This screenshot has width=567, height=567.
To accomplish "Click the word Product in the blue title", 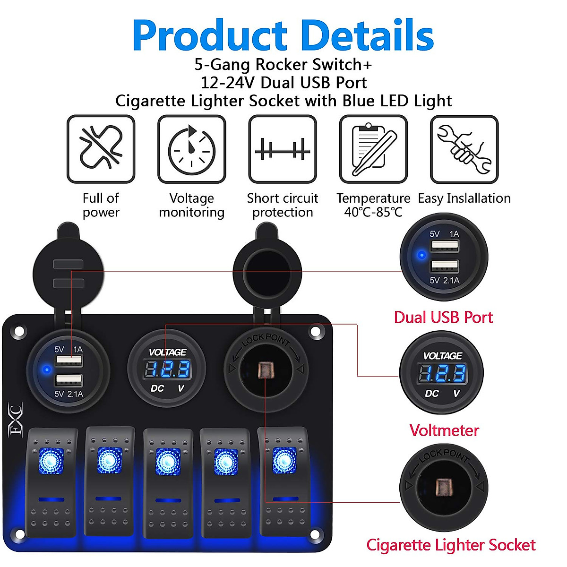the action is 209,36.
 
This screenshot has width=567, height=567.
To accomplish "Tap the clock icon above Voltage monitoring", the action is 191,149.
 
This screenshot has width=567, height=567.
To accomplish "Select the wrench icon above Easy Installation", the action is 464,149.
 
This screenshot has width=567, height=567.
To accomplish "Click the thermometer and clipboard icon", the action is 373,149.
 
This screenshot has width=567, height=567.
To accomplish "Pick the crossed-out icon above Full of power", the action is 101,149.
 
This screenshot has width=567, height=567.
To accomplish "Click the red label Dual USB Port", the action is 443,317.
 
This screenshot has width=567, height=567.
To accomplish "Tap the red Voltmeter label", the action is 444,430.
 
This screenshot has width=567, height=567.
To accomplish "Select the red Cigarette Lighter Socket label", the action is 451,545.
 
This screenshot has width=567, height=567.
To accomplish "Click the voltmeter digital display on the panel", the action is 167,369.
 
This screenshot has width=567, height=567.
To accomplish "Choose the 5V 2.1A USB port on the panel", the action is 69,380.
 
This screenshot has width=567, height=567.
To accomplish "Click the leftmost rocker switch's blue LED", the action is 51,459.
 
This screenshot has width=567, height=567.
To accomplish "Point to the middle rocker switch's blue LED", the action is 167,461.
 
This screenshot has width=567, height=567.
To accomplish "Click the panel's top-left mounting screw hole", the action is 19,332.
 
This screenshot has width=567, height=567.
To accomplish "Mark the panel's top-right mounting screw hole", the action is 315,332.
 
